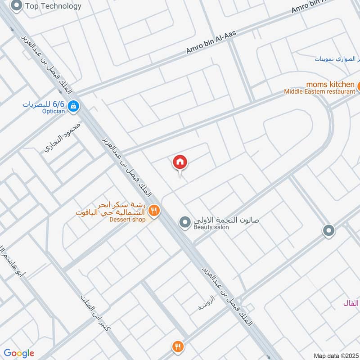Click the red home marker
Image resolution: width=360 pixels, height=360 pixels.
coord(180,162)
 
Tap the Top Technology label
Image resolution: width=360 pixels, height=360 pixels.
coord(53,6)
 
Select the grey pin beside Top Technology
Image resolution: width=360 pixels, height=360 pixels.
coord(17,6)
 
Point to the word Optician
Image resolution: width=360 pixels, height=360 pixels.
coord(53,111)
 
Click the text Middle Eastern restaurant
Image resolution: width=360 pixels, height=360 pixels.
coord(319,91)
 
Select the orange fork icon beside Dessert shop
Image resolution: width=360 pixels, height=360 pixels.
coord(154,210)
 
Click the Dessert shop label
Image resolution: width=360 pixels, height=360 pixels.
coord(127,220)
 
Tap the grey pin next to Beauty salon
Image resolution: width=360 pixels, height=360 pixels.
coord(184,222)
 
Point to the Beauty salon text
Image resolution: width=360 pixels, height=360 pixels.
coord(211,228)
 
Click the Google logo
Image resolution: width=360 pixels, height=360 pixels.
coord(19,353)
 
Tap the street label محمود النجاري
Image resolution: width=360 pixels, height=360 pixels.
coord(63,137)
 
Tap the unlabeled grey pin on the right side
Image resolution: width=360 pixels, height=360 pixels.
coord(329,231)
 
